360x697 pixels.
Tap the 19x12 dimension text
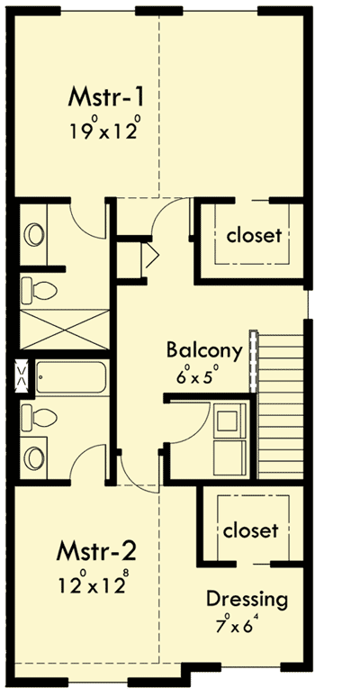(x=107, y=130)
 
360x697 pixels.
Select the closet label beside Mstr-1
(x=255, y=236)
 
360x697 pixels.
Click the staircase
(x=281, y=387)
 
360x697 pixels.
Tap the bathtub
(x=70, y=378)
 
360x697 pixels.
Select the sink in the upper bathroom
(x=34, y=234)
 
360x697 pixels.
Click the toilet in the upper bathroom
(x=40, y=290)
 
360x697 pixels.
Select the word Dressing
(x=247, y=599)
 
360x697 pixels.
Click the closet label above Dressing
(x=251, y=530)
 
